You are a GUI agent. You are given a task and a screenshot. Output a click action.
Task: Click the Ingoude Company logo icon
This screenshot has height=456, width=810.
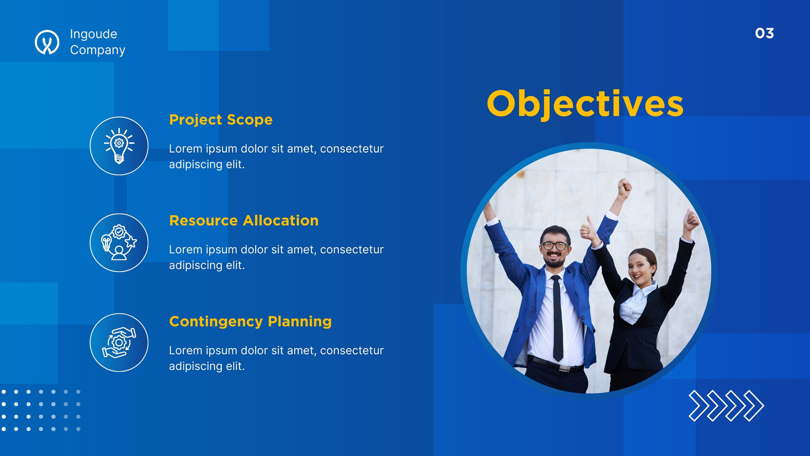coord(47,42)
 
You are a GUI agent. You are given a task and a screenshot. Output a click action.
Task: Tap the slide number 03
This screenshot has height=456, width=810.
coord(764,33)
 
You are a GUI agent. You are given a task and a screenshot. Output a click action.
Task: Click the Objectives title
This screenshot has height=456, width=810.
coord(585,104)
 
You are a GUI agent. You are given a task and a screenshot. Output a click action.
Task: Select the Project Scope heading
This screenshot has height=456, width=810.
coord(221,120)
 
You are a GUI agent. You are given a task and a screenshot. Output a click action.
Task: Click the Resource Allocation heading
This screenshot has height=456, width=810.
coord(244,220)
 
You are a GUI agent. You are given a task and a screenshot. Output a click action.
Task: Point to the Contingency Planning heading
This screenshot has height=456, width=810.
coord(250,321)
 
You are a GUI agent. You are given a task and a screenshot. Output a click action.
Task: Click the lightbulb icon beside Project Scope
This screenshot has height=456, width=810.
coord(119,146)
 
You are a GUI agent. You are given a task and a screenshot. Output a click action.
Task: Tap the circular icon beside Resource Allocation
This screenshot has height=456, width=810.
coord(119,243)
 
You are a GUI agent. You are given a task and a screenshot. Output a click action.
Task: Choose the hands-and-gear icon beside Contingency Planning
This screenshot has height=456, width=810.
coord(119,343)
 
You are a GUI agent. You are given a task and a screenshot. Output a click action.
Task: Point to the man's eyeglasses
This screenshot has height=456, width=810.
coord(554,246)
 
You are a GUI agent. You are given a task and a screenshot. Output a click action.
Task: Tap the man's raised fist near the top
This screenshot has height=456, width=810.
coord(625,188)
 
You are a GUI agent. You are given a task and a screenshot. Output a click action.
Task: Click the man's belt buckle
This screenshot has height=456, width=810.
coord(564,368)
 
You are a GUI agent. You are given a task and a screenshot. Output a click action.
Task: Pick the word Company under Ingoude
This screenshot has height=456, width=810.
coord(98,50)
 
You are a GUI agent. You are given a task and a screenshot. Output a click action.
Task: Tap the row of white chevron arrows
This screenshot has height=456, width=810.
coord(726,406)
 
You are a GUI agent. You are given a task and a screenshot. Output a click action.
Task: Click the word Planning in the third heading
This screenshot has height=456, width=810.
coord(300,321)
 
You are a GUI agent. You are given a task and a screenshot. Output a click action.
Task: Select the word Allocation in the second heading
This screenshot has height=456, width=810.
coord(280,220)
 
